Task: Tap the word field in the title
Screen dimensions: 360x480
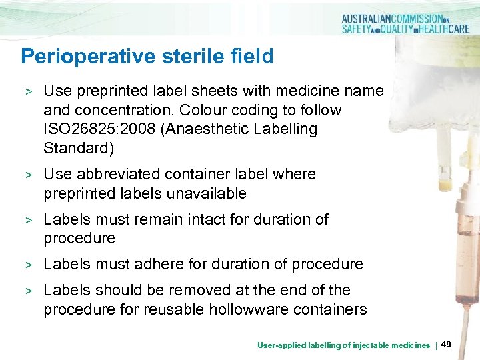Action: [252, 57]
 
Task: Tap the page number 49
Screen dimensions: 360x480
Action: [447, 344]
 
